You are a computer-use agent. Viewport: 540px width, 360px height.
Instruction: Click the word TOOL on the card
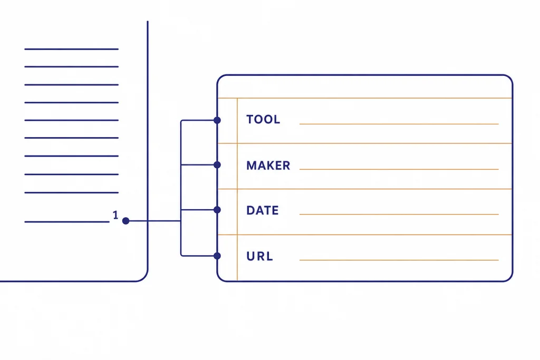click(263, 120)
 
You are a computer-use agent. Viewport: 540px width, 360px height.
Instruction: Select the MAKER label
click(268, 166)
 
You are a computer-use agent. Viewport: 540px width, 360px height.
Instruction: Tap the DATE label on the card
click(263, 210)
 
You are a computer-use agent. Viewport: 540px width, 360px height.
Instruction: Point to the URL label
click(259, 256)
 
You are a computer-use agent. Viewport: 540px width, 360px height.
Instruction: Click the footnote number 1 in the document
click(115, 215)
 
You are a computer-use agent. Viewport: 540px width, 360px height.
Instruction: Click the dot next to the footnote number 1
click(126, 221)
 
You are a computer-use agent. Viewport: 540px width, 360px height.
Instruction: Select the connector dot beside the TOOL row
click(217, 120)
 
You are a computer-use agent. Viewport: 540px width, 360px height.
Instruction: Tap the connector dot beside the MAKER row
click(217, 165)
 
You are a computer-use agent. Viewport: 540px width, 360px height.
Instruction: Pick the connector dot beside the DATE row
click(217, 210)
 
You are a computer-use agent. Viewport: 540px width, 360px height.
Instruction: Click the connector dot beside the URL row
click(217, 256)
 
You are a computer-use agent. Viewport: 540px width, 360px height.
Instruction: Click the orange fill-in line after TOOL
click(399, 124)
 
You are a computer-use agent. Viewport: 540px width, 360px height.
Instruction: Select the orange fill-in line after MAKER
click(399, 169)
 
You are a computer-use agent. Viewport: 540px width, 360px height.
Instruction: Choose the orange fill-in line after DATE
click(399, 214)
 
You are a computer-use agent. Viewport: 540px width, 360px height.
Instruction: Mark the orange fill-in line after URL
click(399, 260)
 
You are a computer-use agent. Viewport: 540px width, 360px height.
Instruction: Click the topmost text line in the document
click(72, 49)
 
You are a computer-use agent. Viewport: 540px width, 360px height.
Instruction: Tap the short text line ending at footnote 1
click(67, 222)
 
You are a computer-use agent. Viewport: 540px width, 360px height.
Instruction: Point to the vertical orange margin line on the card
click(237, 189)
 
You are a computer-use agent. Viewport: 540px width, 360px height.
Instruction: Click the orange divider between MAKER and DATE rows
click(365, 189)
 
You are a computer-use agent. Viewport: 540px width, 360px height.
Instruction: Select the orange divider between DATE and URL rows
click(365, 235)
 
